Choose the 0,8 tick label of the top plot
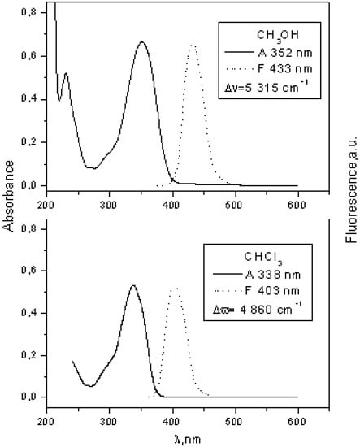pyautogui.click(x=27, y=14)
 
